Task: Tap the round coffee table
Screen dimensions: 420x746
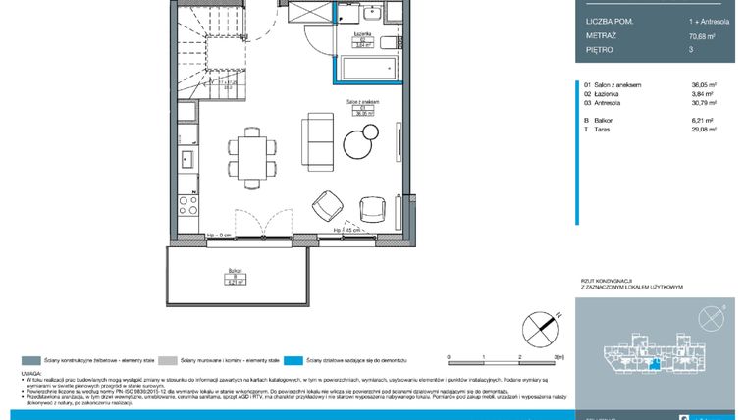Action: click(361, 147)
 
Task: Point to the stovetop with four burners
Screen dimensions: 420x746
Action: click(185, 207)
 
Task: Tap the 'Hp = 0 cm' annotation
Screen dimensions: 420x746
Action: click(218, 236)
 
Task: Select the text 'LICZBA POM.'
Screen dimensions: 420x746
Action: click(609, 19)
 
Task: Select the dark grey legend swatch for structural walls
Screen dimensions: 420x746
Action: click(28, 361)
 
